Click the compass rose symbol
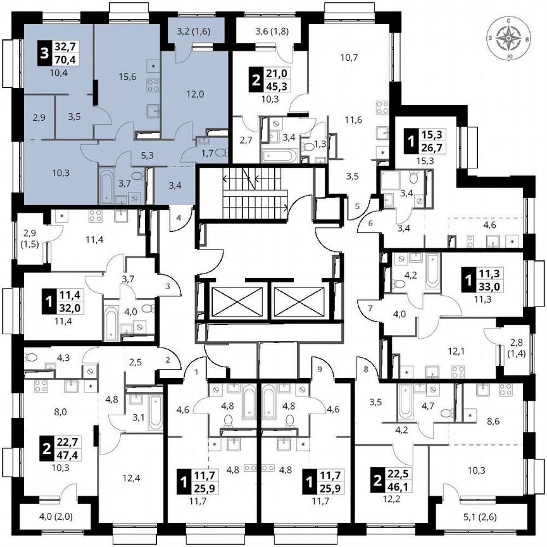pyautogui.click(x=510, y=40)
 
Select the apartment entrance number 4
pyautogui.click(x=179, y=218)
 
